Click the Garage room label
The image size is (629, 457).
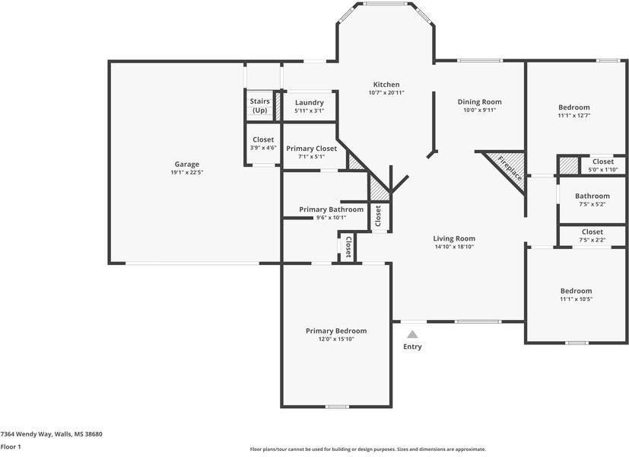point(187,164)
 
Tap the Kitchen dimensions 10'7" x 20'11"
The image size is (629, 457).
point(386,93)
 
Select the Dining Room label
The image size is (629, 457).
point(479,101)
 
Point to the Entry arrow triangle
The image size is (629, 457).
point(412,334)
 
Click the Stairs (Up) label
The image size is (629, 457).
point(259,105)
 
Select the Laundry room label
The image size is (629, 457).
point(309,102)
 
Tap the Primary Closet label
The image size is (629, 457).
point(310,149)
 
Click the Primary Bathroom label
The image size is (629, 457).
point(331,209)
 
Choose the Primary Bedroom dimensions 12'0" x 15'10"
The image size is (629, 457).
point(336,339)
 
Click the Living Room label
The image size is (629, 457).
point(454,238)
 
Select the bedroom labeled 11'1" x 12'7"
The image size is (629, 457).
point(573,107)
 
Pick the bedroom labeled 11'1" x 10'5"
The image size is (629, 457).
point(576,291)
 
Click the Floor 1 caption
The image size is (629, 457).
point(11,447)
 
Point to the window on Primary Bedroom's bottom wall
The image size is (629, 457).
point(337,406)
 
